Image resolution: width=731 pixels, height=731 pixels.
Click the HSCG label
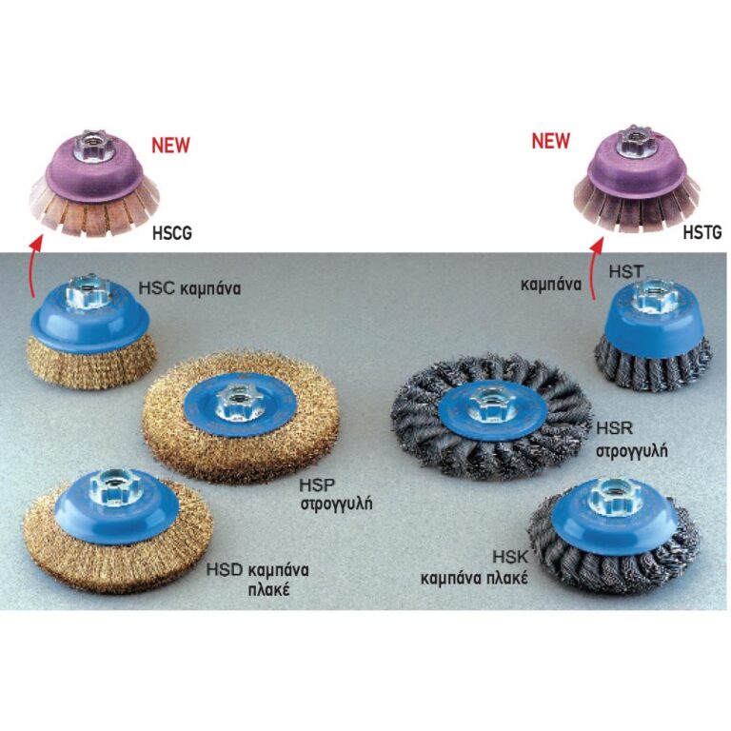point(172,233)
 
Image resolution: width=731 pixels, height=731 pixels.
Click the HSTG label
point(702,231)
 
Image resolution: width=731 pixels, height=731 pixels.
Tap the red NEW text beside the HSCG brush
point(170,145)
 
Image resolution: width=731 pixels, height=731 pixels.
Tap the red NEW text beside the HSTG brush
point(551,140)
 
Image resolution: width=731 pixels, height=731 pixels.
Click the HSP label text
point(317,485)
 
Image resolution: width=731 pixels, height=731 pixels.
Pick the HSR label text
point(614,428)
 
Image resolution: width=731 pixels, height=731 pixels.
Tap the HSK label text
point(510,557)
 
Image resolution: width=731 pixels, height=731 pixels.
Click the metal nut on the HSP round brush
point(238,400)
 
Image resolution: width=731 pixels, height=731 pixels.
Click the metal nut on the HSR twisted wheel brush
point(489,404)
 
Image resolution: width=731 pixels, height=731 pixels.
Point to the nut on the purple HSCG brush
point(89,140)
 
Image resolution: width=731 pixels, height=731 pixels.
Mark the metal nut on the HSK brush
point(607,498)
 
